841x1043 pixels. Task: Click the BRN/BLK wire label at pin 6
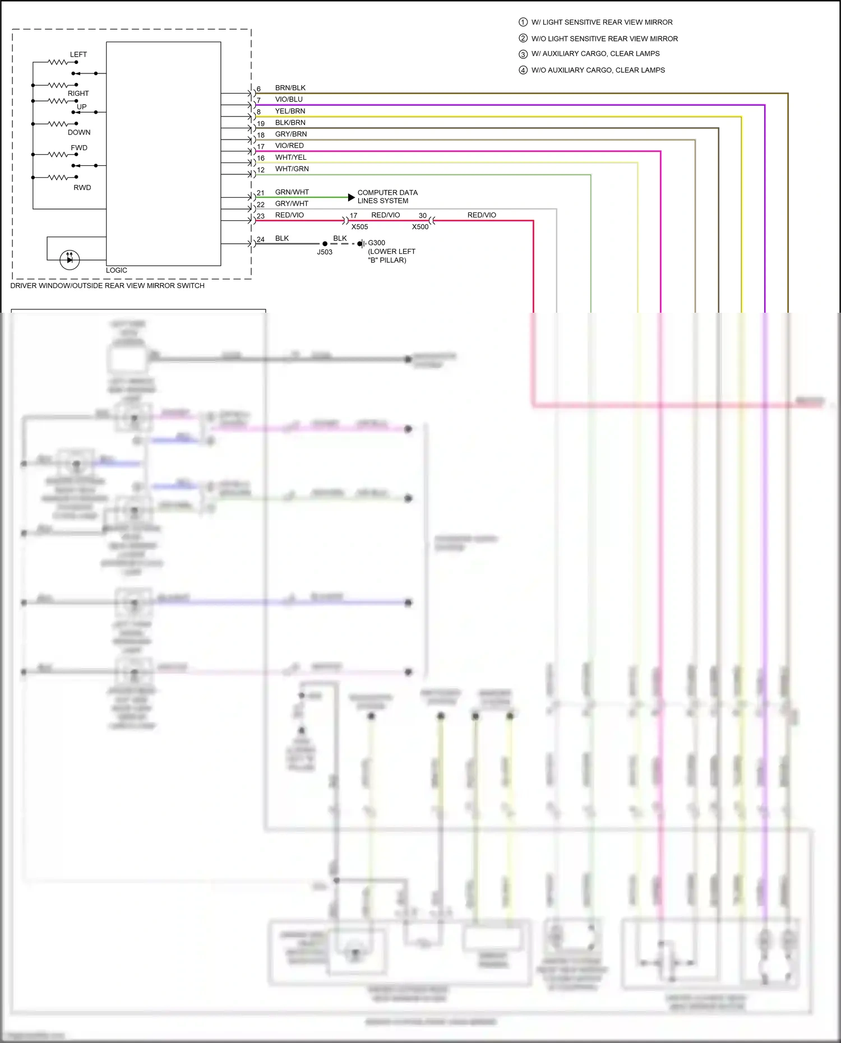[x=290, y=88]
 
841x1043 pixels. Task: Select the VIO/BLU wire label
[x=289, y=99]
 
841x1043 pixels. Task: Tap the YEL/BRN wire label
[x=290, y=111]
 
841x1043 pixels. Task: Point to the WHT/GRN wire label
[x=292, y=169]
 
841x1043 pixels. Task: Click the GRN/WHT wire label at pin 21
[x=292, y=192]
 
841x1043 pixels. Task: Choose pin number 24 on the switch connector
[x=261, y=239]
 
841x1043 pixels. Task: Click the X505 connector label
[x=359, y=227]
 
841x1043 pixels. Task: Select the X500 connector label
[x=420, y=227]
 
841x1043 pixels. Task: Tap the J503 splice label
[x=325, y=252]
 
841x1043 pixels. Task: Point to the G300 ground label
[x=376, y=243]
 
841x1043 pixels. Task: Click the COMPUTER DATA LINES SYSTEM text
[x=387, y=197]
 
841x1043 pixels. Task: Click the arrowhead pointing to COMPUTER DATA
[x=352, y=197]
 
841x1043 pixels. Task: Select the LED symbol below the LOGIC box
[x=70, y=259]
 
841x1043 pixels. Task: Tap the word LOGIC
[x=117, y=270]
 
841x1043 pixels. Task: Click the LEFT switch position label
[x=78, y=54]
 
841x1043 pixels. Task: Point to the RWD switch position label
[x=82, y=188]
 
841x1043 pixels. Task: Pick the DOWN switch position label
[x=79, y=133]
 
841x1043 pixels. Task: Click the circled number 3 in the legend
[x=523, y=54]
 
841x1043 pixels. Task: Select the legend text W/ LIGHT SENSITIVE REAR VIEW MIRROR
[x=602, y=22]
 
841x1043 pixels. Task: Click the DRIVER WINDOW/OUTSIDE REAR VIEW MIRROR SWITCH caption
[x=107, y=286]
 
